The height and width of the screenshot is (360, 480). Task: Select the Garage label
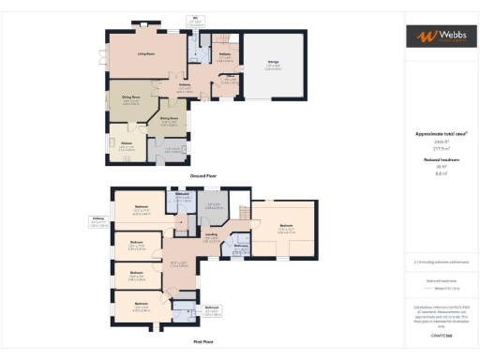(272, 64)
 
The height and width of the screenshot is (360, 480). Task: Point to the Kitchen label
(127, 144)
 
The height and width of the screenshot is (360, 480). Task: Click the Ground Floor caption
(203, 175)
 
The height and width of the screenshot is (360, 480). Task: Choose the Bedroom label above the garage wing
(285, 226)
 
